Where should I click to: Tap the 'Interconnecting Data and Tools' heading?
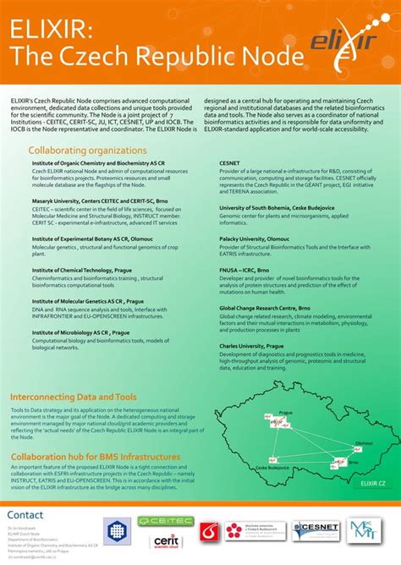(x=74, y=397)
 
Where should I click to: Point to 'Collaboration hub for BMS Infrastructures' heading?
(x=95, y=456)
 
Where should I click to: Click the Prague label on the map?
(x=285, y=414)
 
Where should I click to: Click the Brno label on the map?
(x=353, y=462)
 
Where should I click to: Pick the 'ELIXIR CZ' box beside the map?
(x=372, y=482)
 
